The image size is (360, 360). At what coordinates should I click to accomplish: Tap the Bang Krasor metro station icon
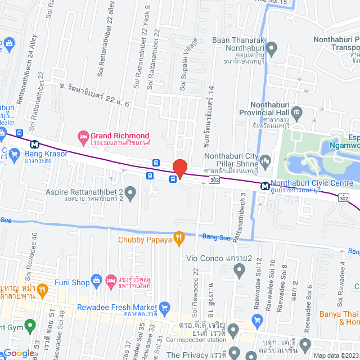pyautogui.click(x=35, y=144)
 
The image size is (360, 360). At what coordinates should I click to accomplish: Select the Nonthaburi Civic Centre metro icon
pyautogui.click(x=264, y=185)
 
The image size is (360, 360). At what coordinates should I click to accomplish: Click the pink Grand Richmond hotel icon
pyautogui.click(x=83, y=136)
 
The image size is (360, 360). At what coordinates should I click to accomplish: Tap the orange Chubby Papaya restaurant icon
pyautogui.click(x=179, y=238)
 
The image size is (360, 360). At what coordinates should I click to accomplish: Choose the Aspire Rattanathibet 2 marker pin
pyautogui.click(x=130, y=194)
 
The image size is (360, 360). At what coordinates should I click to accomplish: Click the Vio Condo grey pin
pyautogui.click(x=239, y=270)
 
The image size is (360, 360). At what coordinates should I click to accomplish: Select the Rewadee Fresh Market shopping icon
pyautogui.click(x=164, y=307)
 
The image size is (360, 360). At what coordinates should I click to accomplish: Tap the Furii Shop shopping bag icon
pyautogui.click(x=96, y=280)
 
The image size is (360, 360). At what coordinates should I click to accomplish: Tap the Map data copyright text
pyautogui.click(x=335, y=355)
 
